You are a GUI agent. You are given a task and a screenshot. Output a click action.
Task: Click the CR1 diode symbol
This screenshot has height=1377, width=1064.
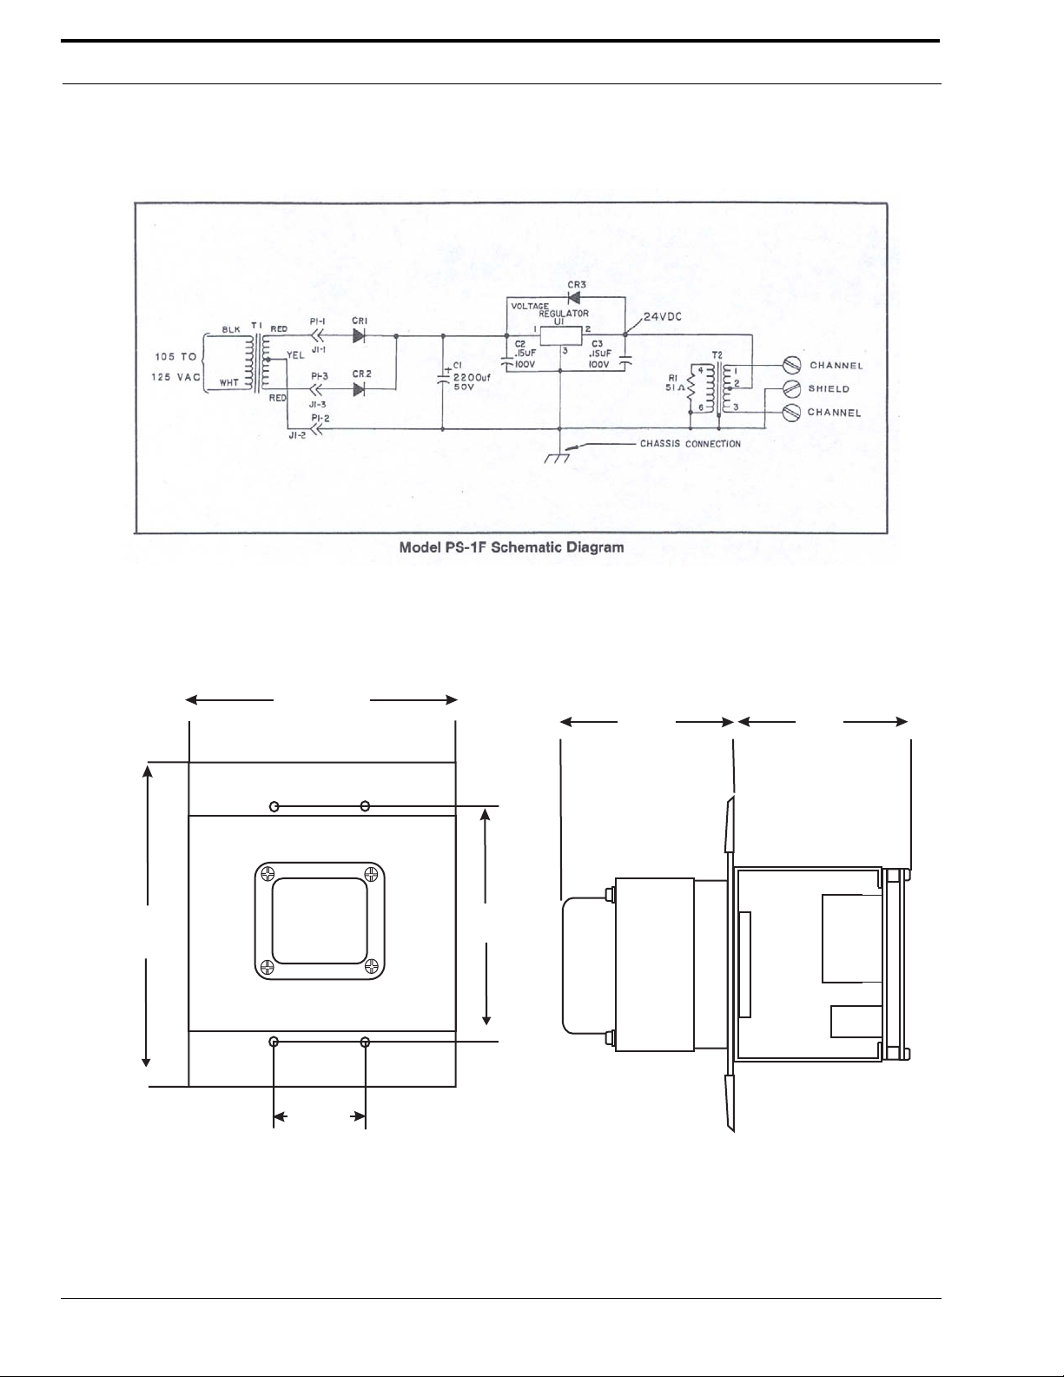point(358,336)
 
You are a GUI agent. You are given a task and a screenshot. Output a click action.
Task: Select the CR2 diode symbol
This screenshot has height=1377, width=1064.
point(358,389)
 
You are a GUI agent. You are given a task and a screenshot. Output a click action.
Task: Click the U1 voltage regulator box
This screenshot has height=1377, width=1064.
point(560,335)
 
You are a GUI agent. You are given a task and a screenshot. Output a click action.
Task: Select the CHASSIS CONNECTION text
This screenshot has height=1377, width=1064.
point(690,444)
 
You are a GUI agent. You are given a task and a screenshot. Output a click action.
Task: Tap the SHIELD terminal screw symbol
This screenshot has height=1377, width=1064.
point(791,388)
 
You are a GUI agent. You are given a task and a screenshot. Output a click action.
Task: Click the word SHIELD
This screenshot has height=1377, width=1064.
point(829,389)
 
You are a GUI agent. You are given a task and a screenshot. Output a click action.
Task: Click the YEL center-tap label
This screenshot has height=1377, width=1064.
point(294,355)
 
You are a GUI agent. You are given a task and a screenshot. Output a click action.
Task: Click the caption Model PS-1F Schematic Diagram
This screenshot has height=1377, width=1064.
point(511,547)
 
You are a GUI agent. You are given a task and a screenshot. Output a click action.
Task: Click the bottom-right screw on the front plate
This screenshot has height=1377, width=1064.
point(372,965)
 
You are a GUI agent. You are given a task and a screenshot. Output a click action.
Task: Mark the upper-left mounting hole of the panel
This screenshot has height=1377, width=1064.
point(274,807)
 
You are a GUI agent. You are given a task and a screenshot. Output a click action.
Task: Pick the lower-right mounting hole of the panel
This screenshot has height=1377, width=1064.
point(366,1041)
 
